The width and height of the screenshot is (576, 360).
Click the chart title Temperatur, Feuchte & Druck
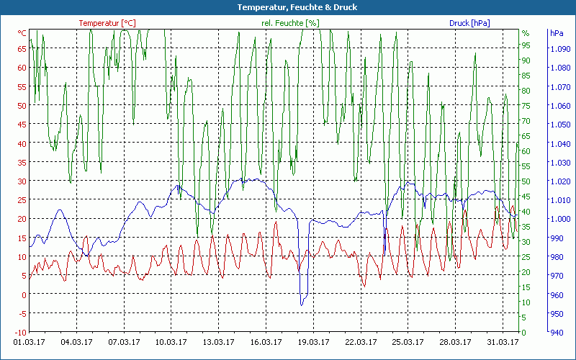287,7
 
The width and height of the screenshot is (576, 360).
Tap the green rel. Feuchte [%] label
290,23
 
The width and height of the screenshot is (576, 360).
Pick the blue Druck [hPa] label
469,23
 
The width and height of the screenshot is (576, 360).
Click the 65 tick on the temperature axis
22,49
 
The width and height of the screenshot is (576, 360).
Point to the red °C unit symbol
22,33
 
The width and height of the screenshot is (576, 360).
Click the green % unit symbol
526,33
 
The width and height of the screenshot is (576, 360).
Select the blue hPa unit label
557,33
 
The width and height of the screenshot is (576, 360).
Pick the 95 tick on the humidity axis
526,45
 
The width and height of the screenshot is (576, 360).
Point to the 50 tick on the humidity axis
526,181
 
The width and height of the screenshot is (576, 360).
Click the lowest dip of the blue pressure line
302,305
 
